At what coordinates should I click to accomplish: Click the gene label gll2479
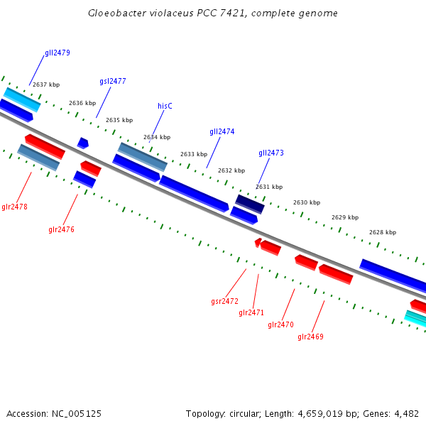tap(58, 53)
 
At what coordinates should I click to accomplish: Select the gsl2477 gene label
tap(113, 81)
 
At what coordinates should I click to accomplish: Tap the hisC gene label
tap(165, 106)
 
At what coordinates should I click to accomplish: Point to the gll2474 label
tap(222, 131)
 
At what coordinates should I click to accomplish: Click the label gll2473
tap(271, 153)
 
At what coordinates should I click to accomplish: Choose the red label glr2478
tap(14, 207)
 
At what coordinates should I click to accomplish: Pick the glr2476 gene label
tap(61, 229)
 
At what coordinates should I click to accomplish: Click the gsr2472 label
tap(224, 301)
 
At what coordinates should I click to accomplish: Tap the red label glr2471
tap(251, 312)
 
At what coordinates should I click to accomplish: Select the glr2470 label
tap(280, 324)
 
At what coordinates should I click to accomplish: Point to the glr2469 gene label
tap(310, 337)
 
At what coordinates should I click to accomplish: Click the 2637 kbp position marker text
tap(46, 84)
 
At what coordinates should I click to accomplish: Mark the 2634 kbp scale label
tap(157, 137)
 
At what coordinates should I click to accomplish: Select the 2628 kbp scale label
tap(383, 232)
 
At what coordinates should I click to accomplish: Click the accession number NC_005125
tap(75, 413)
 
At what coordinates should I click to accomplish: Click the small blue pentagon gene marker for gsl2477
tap(83, 143)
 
